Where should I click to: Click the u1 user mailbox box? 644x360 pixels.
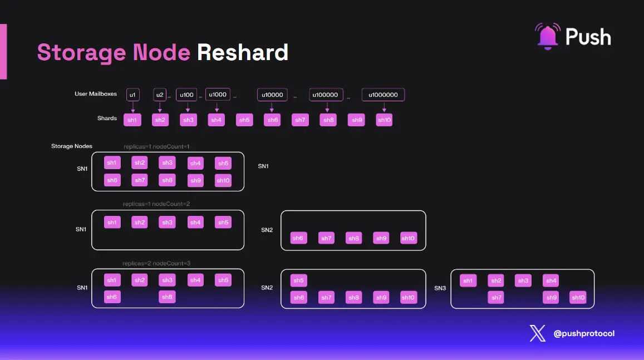132,95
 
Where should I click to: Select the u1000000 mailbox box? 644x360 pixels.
383,95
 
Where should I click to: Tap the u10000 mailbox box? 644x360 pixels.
272,95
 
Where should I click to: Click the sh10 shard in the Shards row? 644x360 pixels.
384,120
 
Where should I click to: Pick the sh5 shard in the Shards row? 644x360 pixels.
244,120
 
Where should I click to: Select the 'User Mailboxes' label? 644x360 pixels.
96,94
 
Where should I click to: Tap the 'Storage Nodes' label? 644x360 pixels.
72,146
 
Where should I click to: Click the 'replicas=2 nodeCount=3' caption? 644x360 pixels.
156,263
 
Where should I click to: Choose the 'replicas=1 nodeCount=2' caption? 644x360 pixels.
156,204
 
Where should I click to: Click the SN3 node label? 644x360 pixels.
440,288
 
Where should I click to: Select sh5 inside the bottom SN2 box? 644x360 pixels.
298,280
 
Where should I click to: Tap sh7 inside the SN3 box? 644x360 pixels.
496,298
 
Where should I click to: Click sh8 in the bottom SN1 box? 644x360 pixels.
167,297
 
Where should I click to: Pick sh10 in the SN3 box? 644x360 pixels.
578,298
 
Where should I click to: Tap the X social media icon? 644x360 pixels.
538,333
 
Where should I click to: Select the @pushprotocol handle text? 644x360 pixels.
584,333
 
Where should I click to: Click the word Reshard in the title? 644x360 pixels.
242,52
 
